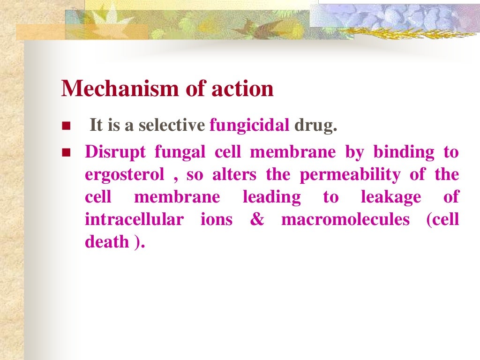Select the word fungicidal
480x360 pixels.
coord(249,126)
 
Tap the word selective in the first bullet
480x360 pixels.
coord(176,126)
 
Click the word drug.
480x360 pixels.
coord(315,126)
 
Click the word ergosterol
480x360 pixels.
coord(125,175)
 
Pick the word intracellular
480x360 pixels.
coord(134,219)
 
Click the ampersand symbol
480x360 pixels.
coord(257,220)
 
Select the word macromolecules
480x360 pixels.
coord(345,219)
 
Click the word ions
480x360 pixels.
coord(217,219)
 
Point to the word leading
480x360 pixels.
coord(271,197)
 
